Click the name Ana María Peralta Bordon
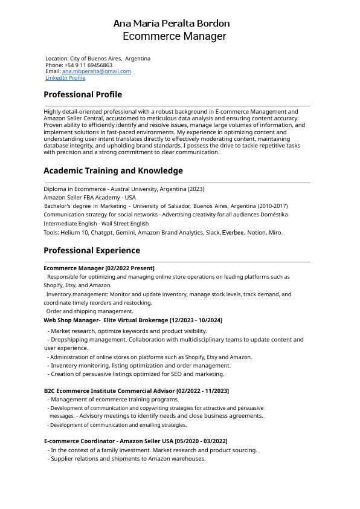pos(172,24)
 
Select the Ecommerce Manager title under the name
pos(175,36)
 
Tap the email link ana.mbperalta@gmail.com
pos(97,71)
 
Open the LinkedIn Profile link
pos(65,78)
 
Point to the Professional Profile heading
pos(83,94)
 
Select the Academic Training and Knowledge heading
pos(113,171)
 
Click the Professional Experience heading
pos(92,250)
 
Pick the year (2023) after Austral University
pos(196,189)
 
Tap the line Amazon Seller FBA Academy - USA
pos(90,198)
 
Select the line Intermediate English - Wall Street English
pos(96,224)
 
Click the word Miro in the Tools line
pos(275,232)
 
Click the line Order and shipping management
pos(90,311)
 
